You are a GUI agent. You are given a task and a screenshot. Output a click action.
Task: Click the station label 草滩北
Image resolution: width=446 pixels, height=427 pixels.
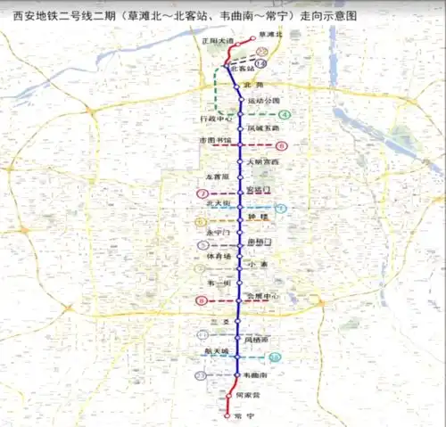tap(268, 34)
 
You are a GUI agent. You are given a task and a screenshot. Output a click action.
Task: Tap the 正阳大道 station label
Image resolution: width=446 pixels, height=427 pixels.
tap(217, 42)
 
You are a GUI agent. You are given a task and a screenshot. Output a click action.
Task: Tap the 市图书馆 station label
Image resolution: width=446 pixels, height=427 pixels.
tap(215, 140)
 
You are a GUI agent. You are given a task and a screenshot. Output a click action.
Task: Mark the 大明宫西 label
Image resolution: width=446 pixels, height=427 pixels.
tap(263, 161)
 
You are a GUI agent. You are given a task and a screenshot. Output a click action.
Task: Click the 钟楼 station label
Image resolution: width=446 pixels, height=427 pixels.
tap(258, 217)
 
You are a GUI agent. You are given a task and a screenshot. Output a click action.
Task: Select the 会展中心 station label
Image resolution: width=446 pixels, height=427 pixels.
tap(263, 296)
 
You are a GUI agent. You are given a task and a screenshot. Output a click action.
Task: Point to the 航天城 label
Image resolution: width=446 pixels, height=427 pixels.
tap(219, 351)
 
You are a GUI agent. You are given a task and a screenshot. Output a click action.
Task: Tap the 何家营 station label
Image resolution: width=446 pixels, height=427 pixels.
tap(248, 394)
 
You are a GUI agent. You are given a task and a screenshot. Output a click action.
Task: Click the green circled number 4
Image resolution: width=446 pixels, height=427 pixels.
tap(285, 115)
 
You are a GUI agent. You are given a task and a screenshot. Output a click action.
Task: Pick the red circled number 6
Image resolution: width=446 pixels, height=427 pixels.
tap(281, 145)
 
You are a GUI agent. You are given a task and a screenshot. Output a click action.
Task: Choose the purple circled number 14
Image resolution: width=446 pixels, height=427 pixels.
tap(260, 63)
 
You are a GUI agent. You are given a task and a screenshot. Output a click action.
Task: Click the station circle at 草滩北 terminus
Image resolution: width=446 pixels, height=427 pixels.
tap(253, 37)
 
